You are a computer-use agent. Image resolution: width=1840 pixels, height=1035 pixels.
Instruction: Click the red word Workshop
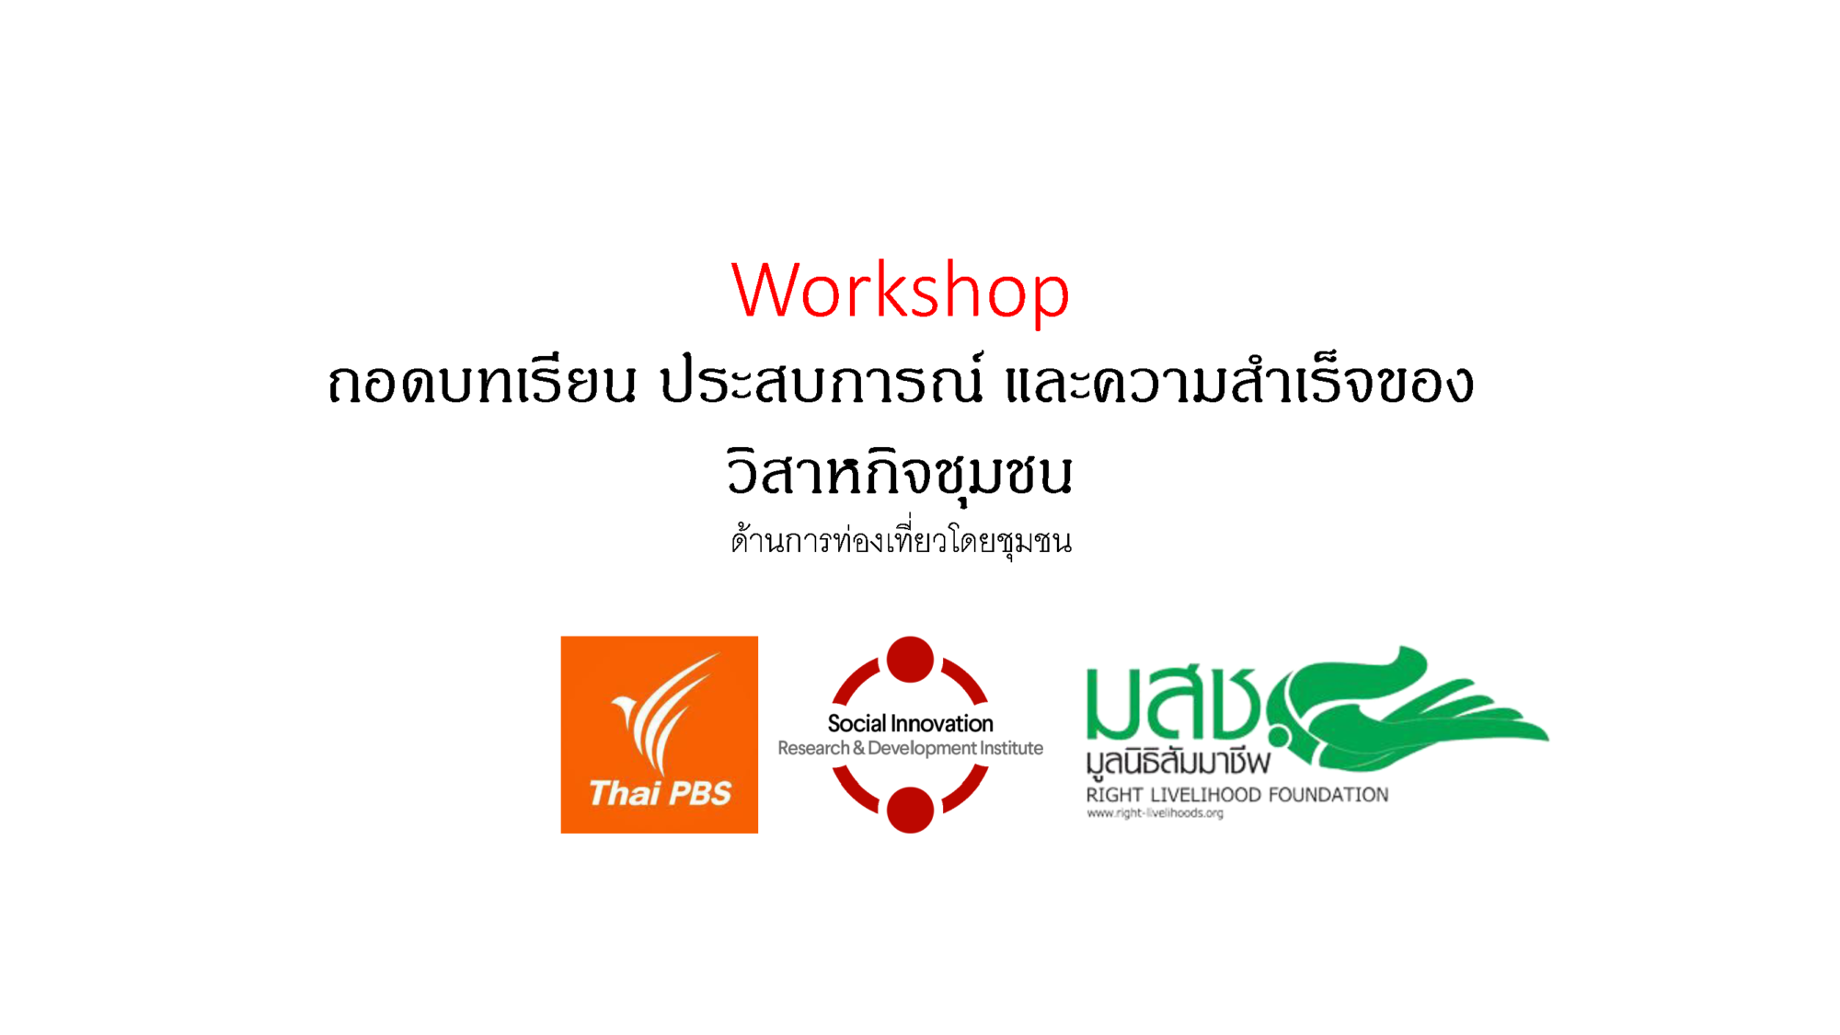(x=901, y=290)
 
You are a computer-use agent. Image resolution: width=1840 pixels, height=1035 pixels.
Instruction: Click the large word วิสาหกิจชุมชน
(x=900, y=472)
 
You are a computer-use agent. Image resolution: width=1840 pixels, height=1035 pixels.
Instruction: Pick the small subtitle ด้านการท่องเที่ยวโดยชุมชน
(x=902, y=540)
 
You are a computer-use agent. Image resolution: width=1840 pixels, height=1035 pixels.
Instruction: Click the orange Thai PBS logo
(x=660, y=734)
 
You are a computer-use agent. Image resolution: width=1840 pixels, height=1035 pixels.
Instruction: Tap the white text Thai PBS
(x=660, y=793)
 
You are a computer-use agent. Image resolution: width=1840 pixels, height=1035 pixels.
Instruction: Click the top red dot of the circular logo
(x=910, y=660)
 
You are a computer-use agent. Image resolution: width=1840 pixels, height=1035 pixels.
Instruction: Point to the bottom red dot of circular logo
(x=910, y=810)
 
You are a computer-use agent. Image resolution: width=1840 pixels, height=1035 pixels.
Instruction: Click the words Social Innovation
(x=910, y=723)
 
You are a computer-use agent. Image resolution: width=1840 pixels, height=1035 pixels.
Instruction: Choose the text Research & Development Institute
(x=910, y=748)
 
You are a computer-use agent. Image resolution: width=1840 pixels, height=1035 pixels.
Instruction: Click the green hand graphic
(x=1408, y=708)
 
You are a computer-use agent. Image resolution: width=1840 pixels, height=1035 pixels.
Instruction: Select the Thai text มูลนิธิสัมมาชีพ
(x=1178, y=763)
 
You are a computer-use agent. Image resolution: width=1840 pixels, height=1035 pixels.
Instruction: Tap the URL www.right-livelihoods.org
(x=1155, y=813)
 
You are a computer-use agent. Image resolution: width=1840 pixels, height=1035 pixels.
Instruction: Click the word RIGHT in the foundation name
(x=1114, y=795)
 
